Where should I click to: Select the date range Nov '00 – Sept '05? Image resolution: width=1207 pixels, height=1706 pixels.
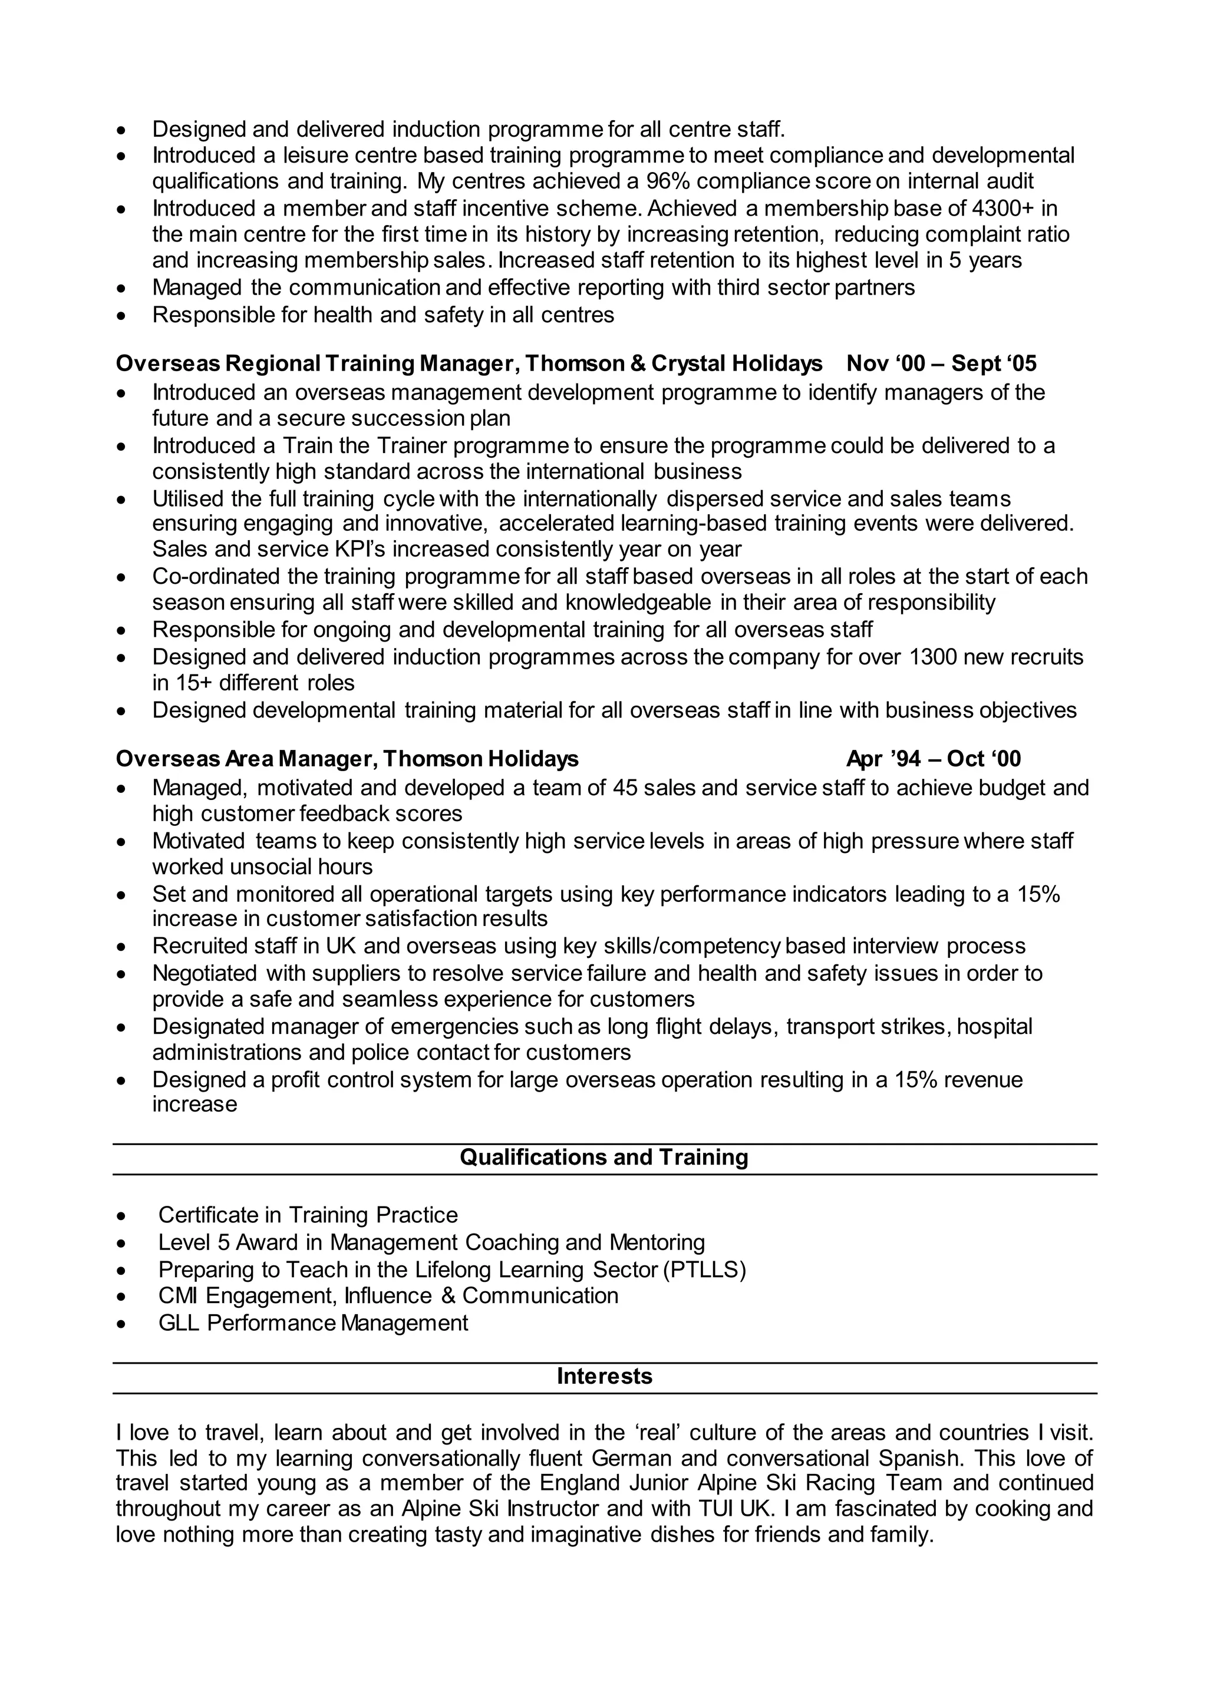click(x=941, y=363)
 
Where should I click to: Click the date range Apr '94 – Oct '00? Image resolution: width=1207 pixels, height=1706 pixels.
click(x=934, y=759)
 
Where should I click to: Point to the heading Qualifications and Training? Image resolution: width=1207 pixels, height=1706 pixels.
click(x=603, y=1157)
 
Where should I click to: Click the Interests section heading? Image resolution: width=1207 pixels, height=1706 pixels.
click(x=604, y=1376)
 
